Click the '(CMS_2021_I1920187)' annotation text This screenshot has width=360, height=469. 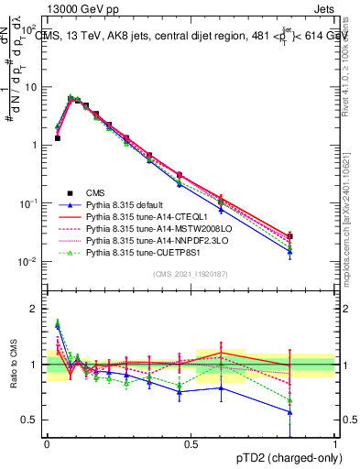(x=191, y=275)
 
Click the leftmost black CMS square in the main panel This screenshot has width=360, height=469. (x=58, y=138)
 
